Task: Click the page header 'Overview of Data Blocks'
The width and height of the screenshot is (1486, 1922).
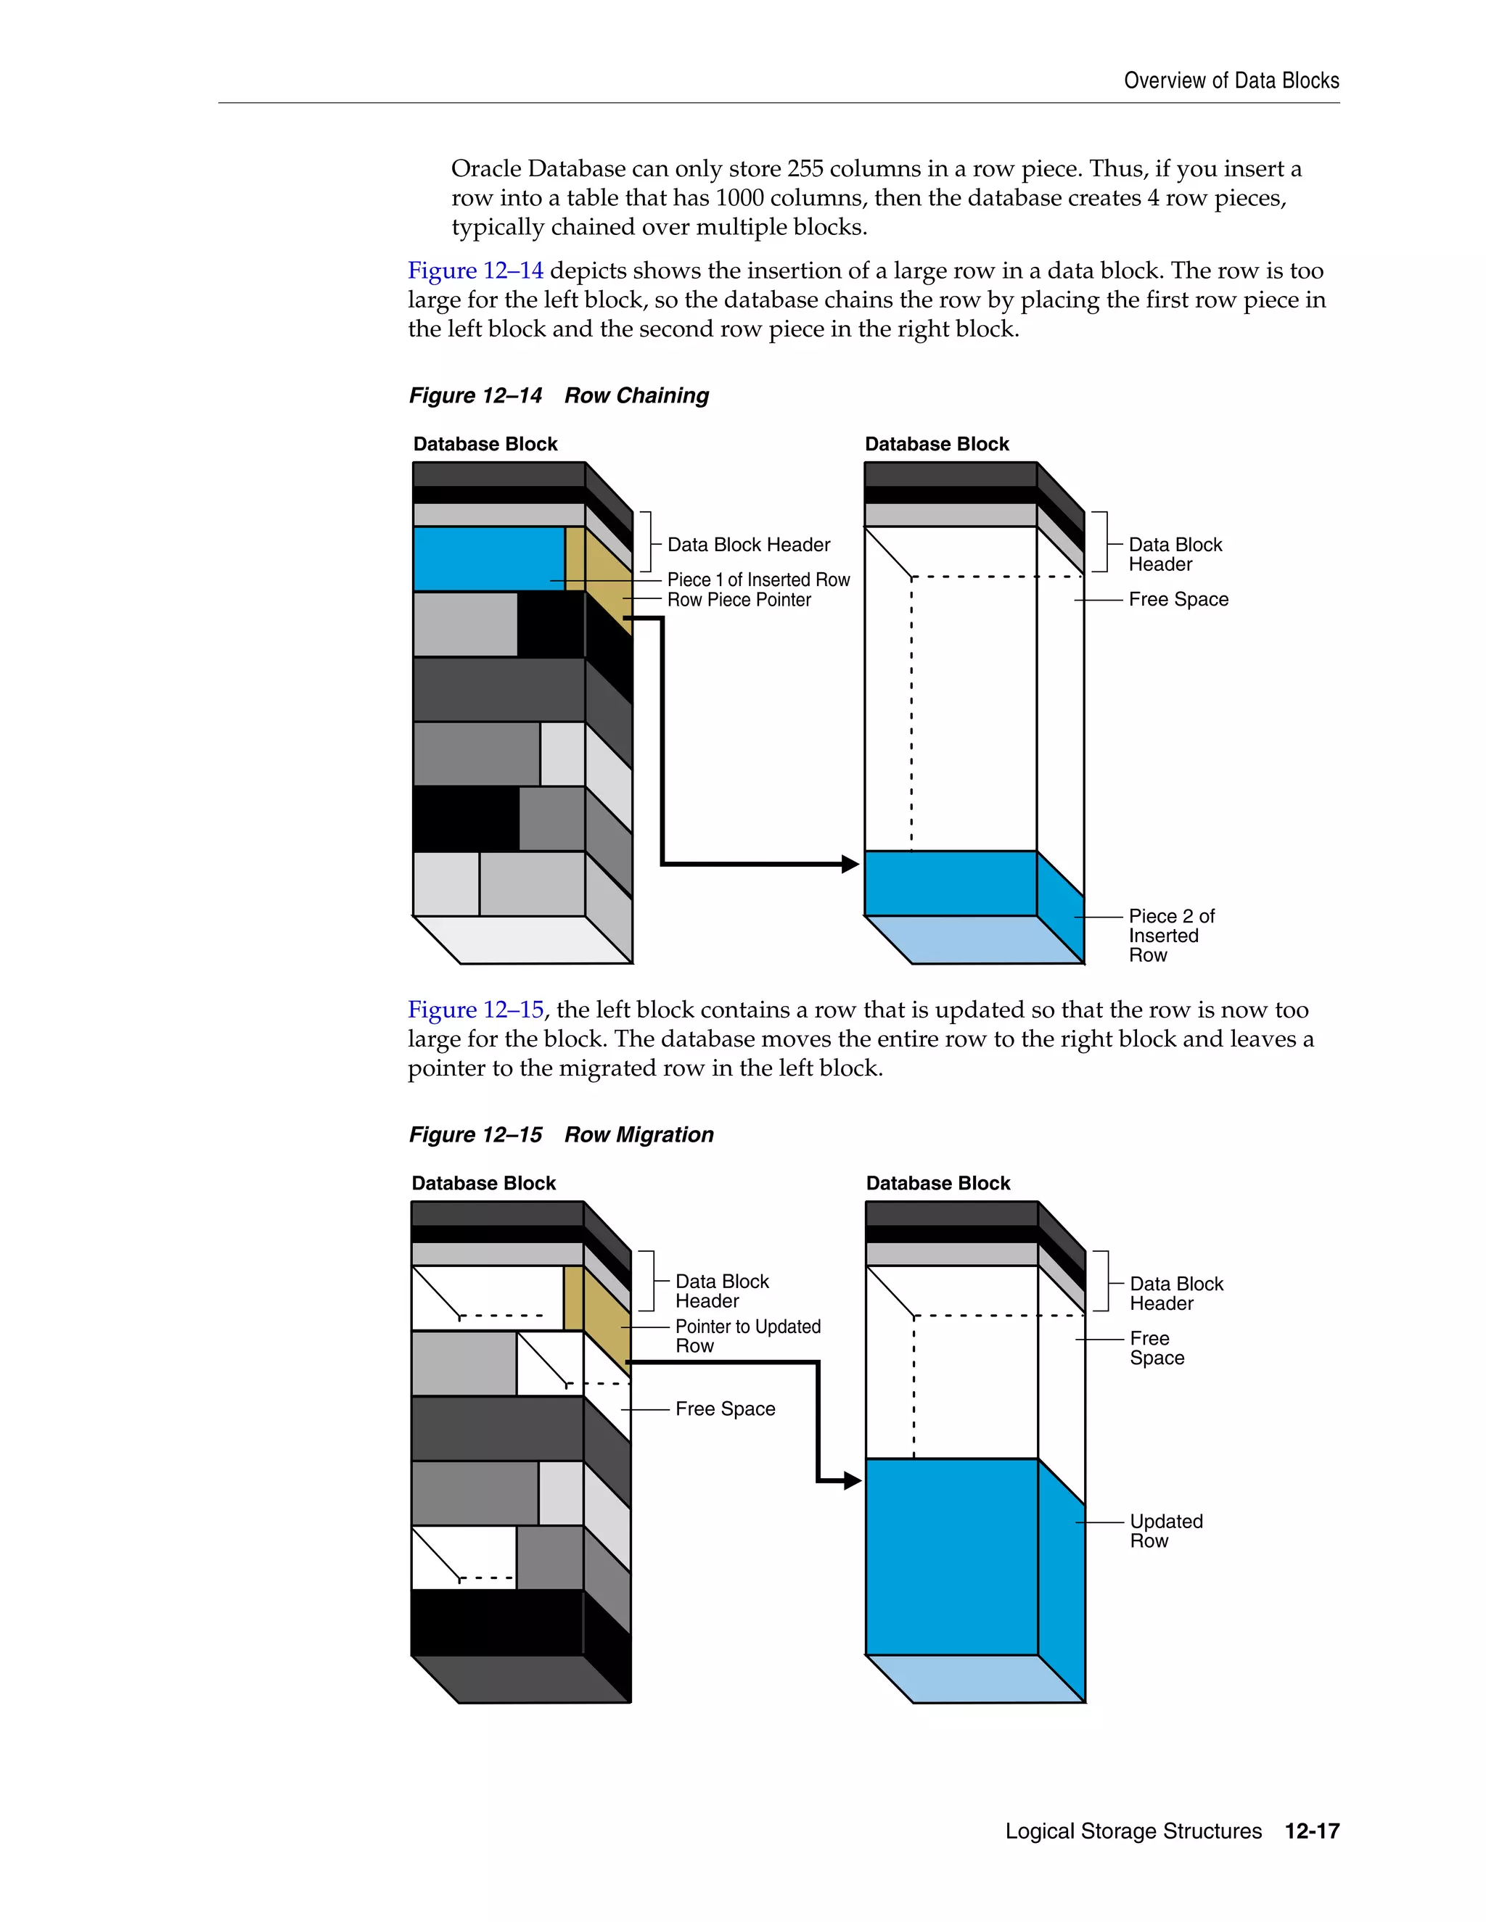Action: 1231,81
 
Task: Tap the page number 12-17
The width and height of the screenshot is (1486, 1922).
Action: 1312,1831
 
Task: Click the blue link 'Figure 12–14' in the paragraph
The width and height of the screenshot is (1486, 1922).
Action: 475,271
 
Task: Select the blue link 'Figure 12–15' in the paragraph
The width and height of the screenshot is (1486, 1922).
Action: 475,1010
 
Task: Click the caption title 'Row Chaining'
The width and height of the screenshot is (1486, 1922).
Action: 636,396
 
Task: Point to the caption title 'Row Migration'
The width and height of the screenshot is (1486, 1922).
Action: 639,1135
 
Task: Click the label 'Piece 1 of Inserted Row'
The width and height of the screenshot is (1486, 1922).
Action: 758,580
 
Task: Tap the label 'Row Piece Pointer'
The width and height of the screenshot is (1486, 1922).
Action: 739,601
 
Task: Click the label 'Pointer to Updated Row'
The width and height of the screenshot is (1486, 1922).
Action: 747,1336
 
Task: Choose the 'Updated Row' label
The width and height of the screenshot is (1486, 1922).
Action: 1165,1530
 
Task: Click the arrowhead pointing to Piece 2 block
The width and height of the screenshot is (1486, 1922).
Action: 850,865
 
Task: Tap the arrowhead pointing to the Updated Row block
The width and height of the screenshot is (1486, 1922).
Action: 852,1481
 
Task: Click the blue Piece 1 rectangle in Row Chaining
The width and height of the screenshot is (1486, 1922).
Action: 488,558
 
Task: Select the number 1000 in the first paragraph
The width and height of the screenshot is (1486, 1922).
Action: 739,198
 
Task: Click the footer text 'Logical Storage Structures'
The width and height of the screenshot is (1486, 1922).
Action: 1133,1831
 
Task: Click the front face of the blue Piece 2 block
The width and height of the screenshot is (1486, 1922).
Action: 950,883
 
